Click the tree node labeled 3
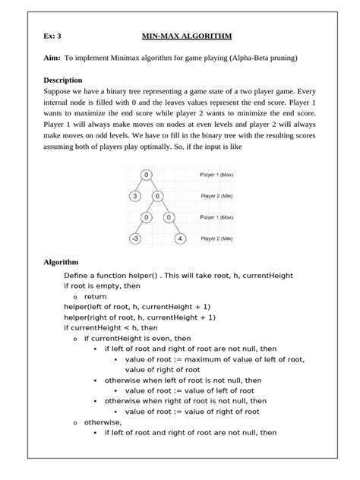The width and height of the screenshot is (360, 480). click(x=134, y=196)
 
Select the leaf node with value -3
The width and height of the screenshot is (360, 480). click(x=134, y=238)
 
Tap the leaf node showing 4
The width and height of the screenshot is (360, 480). click(x=180, y=238)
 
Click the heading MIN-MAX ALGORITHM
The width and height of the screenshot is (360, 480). click(x=187, y=36)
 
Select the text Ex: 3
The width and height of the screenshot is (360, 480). click(x=52, y=36)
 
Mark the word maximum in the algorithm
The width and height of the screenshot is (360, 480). click(x=200, y=359)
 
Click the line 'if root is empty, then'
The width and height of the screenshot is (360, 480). click(x=103, y=286)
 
